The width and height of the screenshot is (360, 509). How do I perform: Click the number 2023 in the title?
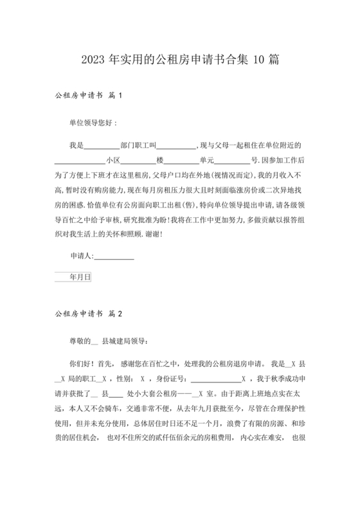point(94,60)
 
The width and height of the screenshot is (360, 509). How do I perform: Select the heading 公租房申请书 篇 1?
point(89,96)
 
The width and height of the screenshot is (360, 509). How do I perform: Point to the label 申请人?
point(81,256)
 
